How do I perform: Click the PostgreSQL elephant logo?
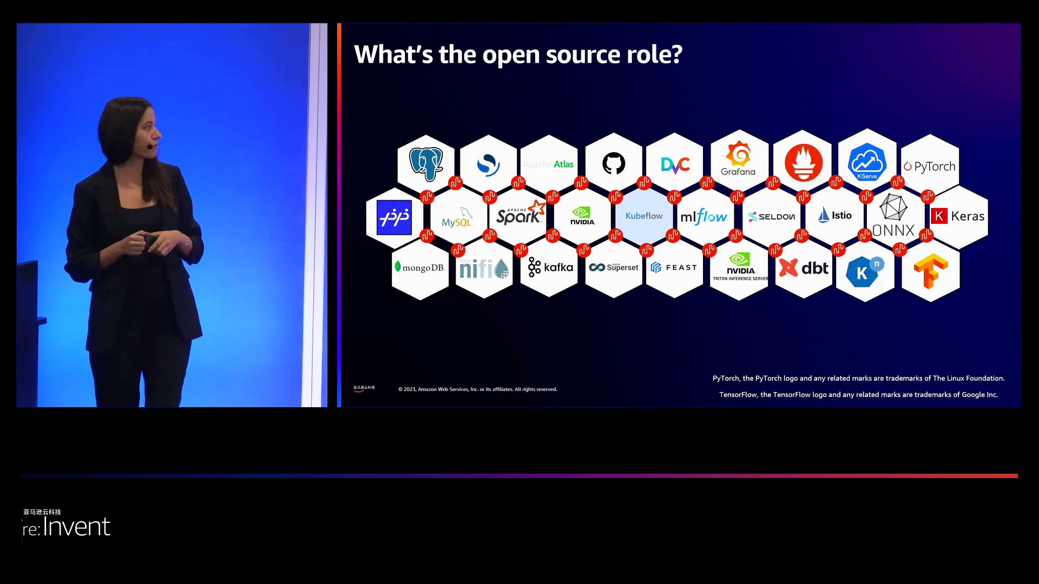(426, 164)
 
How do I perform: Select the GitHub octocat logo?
(614, 163)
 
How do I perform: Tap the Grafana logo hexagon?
(739, 160)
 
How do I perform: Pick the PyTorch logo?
(930, 167)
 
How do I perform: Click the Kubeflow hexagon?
(644, 216)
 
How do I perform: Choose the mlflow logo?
(704, 217)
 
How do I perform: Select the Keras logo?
(958, 216)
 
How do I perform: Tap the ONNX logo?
(893, 216)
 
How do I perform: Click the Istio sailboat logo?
(834, 216)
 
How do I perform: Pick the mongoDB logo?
(420, 268)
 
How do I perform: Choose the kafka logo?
(550, 267)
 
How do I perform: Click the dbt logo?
(804, 268)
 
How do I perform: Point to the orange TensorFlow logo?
(930, 271)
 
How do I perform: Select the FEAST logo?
(674, 268)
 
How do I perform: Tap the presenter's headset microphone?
(149, 146)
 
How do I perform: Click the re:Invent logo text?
(67, 527)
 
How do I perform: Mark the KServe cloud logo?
(867, 162)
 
